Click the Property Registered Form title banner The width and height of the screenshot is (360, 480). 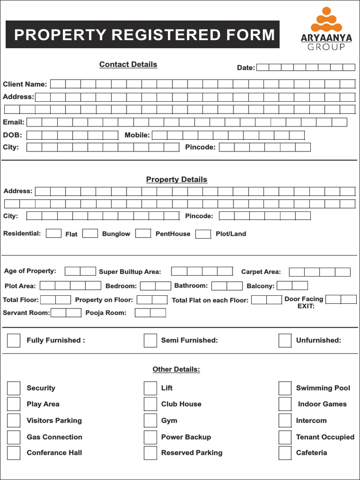[x=142, y=35]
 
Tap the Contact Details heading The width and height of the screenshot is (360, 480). [x=128, y=65]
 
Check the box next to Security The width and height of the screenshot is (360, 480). [x=14, y=388]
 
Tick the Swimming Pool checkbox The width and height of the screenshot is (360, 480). [x=285, y=388]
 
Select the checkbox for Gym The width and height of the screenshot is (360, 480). [x=150, y=420]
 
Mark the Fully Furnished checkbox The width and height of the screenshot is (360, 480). [x=14, y=340]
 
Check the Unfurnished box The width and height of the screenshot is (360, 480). [x=285, y=340]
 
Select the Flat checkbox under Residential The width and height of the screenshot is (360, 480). [x=53, y=233]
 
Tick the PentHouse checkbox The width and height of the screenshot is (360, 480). [x=143, y=233]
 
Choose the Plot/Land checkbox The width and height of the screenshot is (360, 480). [x=203, y=234]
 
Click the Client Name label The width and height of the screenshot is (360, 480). [x=25, y=84]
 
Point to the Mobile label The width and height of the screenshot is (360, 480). [x=137, y=135]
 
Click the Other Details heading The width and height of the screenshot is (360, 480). [x=176, y=369]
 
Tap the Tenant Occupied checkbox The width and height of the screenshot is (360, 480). [x=285, y=437]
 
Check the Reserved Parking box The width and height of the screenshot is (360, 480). [x=150, y=453]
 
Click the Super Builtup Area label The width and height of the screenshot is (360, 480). [x=130, y=272]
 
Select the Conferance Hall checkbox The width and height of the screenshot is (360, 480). [x=14, y=453]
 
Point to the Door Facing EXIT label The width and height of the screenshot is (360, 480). [x=304, y=302]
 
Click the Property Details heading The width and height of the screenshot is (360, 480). [x=176, y=180]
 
